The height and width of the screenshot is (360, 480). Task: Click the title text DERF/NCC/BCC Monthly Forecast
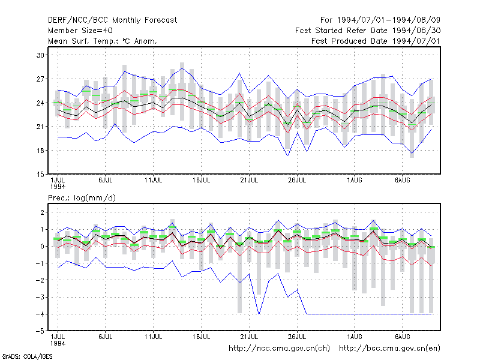click(x=112, y=20)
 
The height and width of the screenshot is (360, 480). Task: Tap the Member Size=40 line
click(x=80, y=31)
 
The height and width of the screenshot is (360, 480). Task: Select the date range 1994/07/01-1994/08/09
click(x=389, y=20)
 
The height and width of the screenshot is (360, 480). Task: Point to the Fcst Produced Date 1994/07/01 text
click(x=376, y=41)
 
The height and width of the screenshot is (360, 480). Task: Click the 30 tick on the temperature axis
click(x=40, y=55)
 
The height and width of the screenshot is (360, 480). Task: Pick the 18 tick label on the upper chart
click(x=40, y=151)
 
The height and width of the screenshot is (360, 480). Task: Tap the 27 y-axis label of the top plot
click(x=40, y=79)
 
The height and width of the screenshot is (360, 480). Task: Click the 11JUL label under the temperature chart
click(x=153, y=180)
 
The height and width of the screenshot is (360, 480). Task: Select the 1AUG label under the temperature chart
click(x=354, y=180)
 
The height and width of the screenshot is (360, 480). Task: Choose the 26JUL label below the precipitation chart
click(x=297, y=337)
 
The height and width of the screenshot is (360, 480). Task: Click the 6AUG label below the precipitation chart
click(x=402, y=337)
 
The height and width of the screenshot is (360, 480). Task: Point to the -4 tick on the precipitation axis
click(x=40, y=314)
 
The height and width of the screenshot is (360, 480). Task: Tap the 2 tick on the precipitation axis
click(x=42, y=212)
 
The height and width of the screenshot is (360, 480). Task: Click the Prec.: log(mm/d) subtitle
click(x=82, y=198)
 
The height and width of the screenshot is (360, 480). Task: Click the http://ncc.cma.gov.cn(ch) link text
click(x=279, y=349)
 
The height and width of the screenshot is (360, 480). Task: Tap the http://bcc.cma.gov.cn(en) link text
click(x=389, y=349)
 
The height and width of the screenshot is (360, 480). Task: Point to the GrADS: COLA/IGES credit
click(x=27, y=356)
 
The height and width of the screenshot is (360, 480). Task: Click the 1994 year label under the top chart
click(x=58, y=187)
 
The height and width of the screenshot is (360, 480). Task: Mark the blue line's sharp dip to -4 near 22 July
click(x=259, y=314)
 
